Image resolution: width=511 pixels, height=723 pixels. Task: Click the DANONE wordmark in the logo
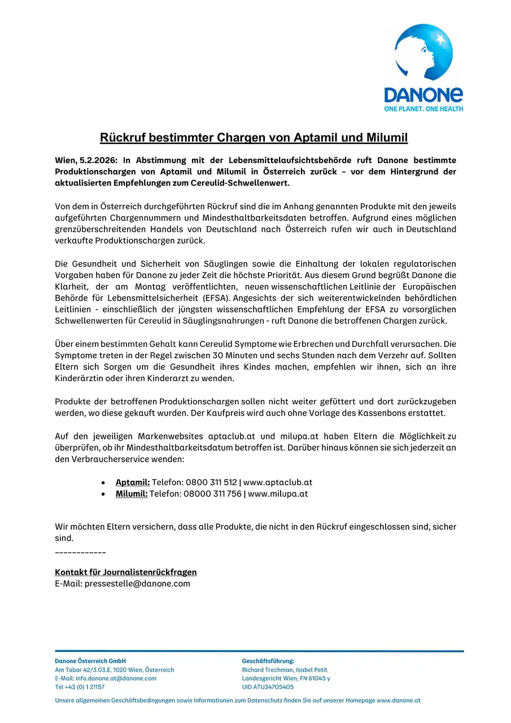423,95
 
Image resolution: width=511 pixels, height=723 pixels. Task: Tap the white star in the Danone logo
440,40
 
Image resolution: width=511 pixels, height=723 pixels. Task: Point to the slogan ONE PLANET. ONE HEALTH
423,108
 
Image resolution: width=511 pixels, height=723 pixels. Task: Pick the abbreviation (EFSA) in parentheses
213,298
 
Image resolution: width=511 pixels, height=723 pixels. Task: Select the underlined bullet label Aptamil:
133,482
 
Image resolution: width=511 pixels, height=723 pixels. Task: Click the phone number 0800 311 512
211,482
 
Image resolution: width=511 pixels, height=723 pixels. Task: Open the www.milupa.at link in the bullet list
278,494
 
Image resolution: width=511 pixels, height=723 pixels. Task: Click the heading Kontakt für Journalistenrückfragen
125,572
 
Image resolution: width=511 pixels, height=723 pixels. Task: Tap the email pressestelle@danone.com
137,583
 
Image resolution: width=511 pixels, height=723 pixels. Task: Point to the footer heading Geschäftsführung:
268,661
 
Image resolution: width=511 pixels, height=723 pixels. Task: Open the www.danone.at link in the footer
398,700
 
